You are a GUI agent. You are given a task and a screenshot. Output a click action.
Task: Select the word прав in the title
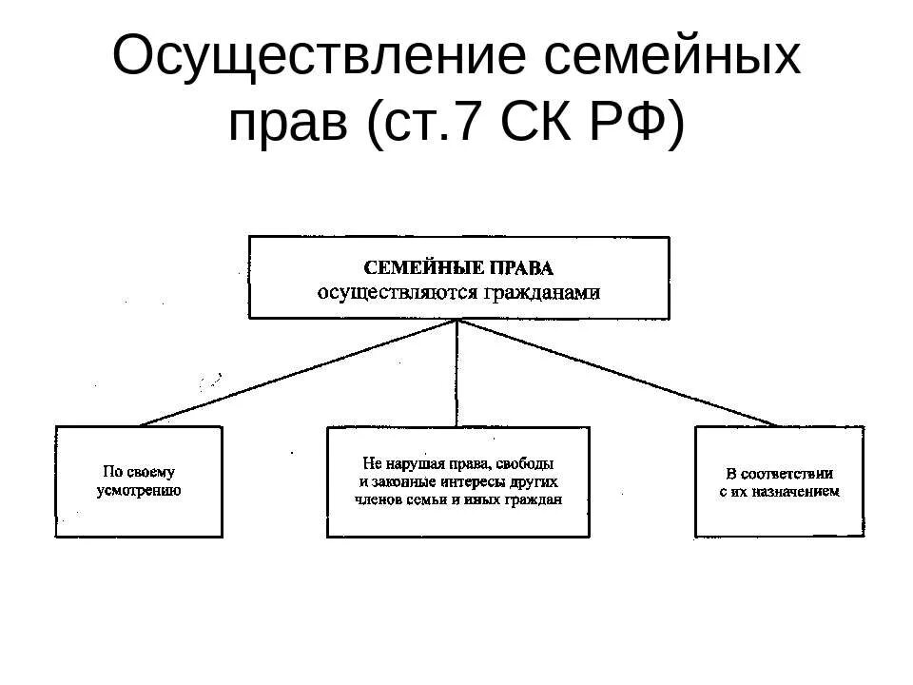(285, 124)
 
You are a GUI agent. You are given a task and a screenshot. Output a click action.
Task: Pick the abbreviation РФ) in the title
(637, 124)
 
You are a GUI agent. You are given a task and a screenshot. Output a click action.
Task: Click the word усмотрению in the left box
(139, 491)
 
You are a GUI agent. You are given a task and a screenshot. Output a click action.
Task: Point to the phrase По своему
(139, 472)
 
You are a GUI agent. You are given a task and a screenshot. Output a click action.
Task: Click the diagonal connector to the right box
(618, 373)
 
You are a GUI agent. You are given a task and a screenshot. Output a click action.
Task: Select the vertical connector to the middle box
(457, 372)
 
